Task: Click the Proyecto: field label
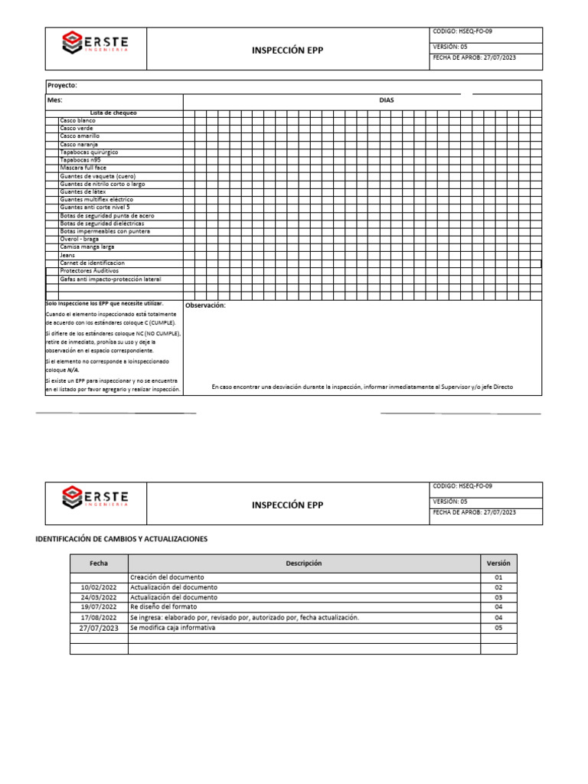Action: point(62,86)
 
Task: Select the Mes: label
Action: point(55,100)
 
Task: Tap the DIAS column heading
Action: point(387,100)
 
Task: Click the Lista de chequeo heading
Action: point(113,113)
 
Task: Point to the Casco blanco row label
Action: point(78,121)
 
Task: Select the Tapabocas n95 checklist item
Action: point(80,160)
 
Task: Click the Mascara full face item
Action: point(83,168)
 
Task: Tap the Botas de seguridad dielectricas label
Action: point(102,224)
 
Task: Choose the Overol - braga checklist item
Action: point(80,239)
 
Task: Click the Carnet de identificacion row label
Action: point(93,263)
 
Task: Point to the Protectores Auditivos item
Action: point(90,271)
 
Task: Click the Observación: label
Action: point(205,305)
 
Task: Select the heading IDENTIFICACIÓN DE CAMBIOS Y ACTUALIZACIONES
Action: point(122,539)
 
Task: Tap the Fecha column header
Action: point(99,563)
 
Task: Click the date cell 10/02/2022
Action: point(99,587)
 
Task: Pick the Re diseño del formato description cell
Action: point(164,607)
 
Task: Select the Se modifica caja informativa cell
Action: point(173,628)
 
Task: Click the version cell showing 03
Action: point(498,597)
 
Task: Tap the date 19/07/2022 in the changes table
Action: point(99,607)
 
